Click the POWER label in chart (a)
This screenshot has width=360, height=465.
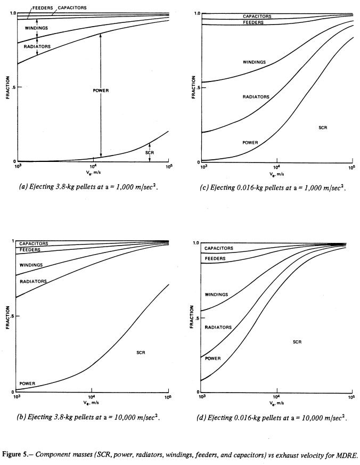101,91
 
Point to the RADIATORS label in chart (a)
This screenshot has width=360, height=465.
37,47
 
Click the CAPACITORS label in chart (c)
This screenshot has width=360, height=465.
257,17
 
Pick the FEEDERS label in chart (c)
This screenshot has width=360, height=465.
253,23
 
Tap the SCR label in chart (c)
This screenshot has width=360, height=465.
323,128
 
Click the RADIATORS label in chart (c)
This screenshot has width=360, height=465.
256,97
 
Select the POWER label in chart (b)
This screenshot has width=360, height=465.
28,384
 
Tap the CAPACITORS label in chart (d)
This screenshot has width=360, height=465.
219,249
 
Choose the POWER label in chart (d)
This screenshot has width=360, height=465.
212,358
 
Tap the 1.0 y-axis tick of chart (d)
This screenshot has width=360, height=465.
196,243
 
